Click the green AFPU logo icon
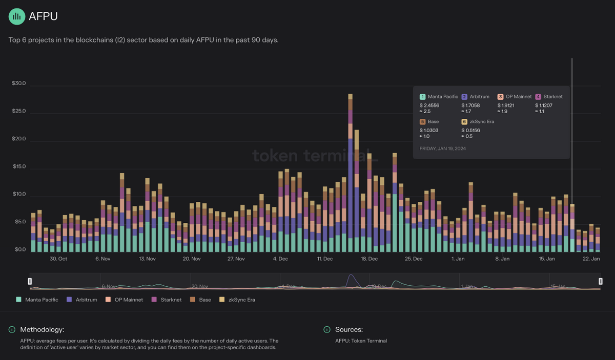tap(17, 16)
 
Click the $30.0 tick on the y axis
tap(19, 83)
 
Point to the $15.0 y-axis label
tap(19, 167)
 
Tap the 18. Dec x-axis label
tap(369, 259)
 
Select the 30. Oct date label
tap(58, 259)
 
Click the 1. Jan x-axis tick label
tap(458, 259)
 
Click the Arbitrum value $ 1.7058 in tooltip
tap(472, 105)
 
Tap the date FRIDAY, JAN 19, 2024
tap(443, 149)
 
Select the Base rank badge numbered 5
tap(423, 122)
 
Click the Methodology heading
tap(42, 329)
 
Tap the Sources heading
tap(349, 329)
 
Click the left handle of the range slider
tap(30, 281)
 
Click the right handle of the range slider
tap(601, 281)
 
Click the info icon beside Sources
tap(326, 329)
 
